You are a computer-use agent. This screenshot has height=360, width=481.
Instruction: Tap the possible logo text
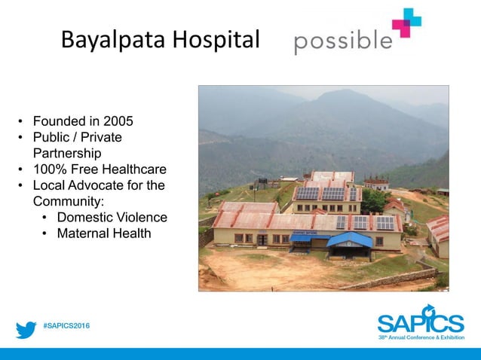pos(343,41)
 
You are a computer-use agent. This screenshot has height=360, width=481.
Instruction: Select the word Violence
pos(141,218)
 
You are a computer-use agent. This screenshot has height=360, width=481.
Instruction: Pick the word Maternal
pos(84,233)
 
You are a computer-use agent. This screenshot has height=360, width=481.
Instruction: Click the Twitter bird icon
pos(26,329)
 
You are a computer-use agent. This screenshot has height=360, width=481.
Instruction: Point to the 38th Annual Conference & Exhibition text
pos(421,338)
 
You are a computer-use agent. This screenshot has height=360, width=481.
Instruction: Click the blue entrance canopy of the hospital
pos(348,239)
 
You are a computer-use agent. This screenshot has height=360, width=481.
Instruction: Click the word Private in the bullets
pos(100,137)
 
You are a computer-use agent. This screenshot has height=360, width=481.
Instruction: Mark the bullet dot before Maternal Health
pos(45,234)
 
